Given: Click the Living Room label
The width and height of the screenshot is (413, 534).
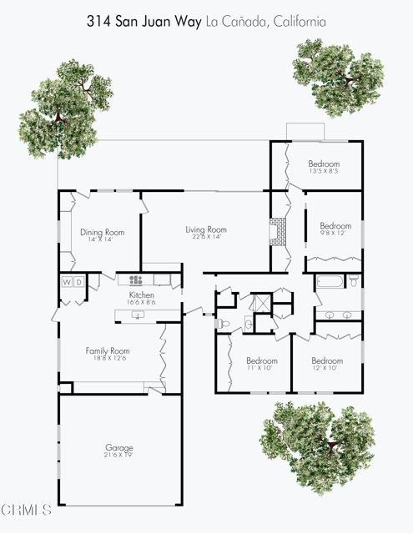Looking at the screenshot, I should [205, 229].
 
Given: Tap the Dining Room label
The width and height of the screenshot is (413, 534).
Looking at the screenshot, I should [102, 232].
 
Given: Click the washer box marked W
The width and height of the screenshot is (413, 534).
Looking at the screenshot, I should [67, 282].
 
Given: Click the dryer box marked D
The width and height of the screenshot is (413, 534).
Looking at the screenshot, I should [79, 282].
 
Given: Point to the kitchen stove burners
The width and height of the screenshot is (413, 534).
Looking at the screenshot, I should [134, 280].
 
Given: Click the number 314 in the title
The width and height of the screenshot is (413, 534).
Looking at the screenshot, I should [100, 22].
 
